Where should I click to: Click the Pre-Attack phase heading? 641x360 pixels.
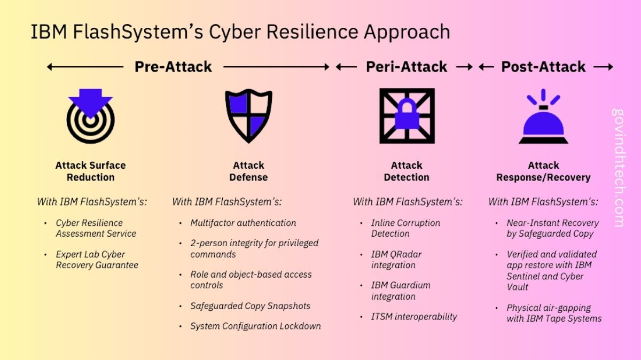pyautogui.click(x=173, y=67)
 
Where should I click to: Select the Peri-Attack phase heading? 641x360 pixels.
pyautogui.click(x=407, y=67)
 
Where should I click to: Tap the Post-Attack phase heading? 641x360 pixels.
pyautogui.click(x=543, y=67)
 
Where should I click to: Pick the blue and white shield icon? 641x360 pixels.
pyautogui.click(x=248, y=115)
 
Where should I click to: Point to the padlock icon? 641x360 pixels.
pyautogui.click(x=407, y=115)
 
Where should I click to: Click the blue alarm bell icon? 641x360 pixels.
pyautogui.click(x=543, y=118)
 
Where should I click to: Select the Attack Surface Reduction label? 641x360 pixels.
pyautogui.click(x=90, y=171)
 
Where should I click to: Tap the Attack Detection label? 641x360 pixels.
pyautogui.click(x=407, y=171)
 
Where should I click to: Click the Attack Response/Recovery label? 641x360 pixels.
pyautogui.click(x=543, y=171)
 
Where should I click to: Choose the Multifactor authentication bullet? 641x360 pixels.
pyautogui.click(x=243, y=223)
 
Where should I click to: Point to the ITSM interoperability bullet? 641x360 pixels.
pyautogui.click(x=414, y=316)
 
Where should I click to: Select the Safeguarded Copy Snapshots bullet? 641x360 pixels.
pyautogui.click(x=250, y=306)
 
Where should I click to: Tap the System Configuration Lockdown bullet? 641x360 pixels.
pyautogui.click(x=255, y=326)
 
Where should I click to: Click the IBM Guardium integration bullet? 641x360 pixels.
pyautogui.click(x=401, y=291)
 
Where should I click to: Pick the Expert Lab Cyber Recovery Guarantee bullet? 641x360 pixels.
pyautogui.click(x=97, y=260)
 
